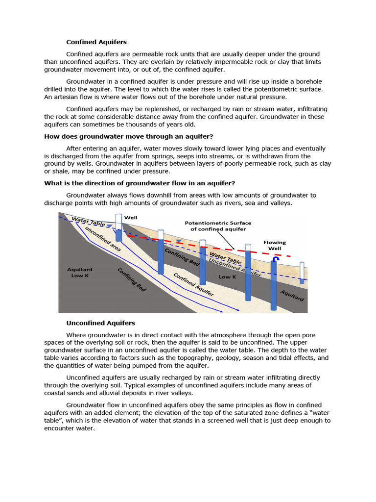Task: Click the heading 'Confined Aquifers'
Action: [x=96, y=43]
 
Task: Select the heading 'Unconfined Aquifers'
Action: [x=100, y=323]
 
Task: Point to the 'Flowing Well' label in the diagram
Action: [x=275, y=245]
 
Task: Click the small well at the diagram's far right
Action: [x=302, y=272]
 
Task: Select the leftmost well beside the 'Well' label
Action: [x=118, y=227]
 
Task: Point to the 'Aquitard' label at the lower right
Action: [x=292, y=295]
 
